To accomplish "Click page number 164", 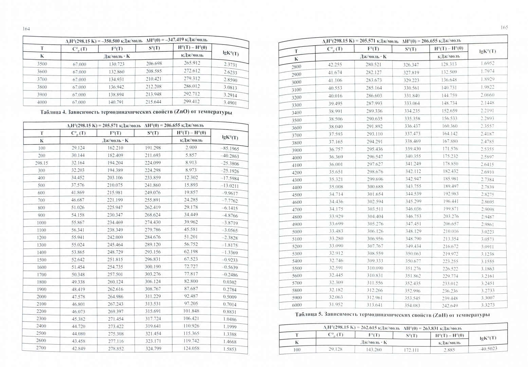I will click(26, 29).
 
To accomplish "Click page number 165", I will click(504, 28).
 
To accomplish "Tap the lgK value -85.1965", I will click(230, 149).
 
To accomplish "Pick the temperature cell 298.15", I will click(42, 163).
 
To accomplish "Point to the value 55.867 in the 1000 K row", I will click(78, 222).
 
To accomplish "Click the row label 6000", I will click(296, 305).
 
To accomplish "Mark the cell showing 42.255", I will click(334, 65).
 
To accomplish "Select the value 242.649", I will click(449, 305).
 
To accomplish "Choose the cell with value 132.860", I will click(116, 72).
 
